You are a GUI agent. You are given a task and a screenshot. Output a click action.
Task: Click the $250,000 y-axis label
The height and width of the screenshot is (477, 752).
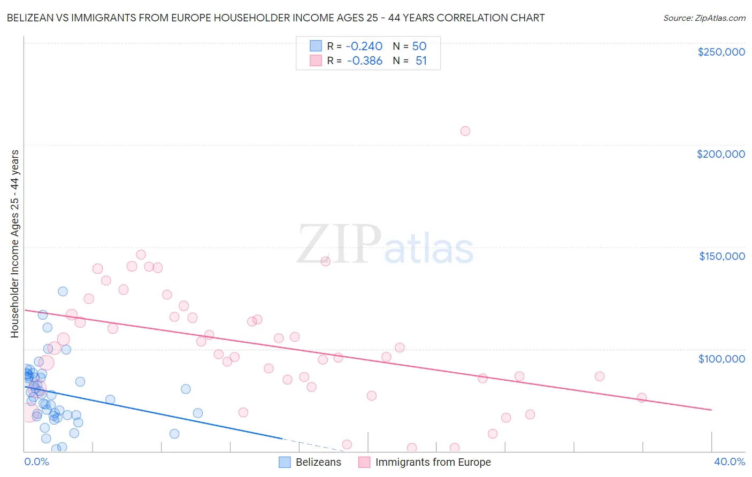(x=721, y=52)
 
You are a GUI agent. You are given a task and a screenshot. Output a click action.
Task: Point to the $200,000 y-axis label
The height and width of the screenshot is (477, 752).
(x=720, y=154)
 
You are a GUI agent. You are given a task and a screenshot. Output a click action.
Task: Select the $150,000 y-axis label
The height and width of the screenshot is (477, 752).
(x=722, y=256)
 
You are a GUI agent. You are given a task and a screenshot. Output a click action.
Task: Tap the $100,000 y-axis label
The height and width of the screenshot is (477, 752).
(x=722, y=359)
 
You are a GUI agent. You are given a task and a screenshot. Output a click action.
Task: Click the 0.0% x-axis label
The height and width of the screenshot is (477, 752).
(x=36, y=461)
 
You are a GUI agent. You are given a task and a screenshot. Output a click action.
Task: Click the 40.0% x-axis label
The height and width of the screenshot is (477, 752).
(x=729, y=461)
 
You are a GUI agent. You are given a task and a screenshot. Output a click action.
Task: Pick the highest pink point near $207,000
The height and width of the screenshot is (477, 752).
(x=465, y=131)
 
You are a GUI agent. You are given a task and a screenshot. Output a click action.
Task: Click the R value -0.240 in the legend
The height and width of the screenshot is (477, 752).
(x=364, y=47)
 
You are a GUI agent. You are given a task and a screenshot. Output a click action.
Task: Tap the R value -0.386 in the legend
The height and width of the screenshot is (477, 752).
(x=364, y=61)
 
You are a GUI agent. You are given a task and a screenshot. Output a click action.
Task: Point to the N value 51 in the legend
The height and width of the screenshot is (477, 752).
(x=421, y=61)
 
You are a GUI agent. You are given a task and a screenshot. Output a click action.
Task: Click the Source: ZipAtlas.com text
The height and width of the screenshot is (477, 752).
(x=704, y=18)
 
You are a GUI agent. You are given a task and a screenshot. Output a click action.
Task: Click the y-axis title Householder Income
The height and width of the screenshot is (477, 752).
(x=14, y=243)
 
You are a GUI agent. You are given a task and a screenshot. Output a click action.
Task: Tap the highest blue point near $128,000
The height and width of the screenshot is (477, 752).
(x=63, y=291)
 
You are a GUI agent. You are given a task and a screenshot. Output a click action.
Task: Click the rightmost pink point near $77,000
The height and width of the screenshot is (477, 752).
(x=641, y=398)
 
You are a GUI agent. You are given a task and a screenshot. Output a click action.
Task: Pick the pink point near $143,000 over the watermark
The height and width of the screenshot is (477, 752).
(x=325, y=261)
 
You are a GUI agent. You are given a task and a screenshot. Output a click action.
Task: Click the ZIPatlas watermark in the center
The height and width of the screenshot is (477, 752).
(x=385, y=245)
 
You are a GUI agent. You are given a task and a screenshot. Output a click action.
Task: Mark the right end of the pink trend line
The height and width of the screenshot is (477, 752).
(x=711, y=410)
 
